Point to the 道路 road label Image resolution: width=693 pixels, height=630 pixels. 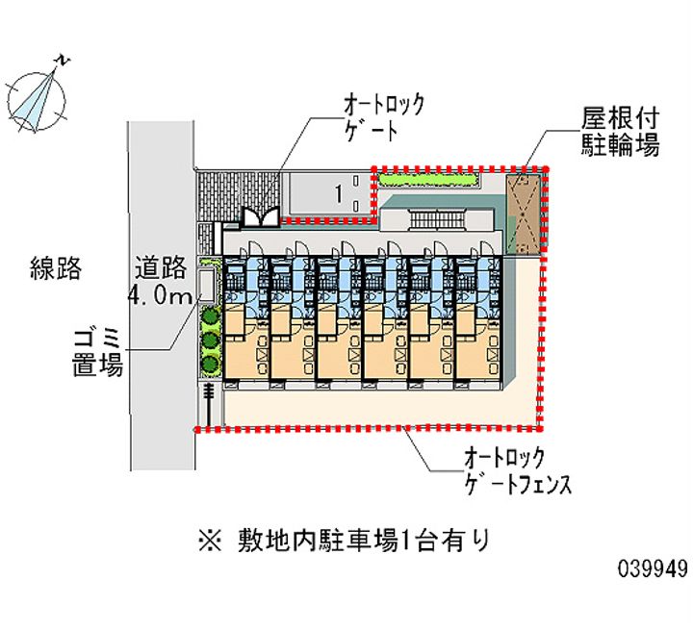(x=159, y=268)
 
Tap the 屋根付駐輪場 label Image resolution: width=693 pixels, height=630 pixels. (x=619, y=132)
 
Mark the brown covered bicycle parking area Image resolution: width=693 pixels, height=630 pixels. (x=524, y=212)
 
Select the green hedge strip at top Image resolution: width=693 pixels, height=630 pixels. (x=426, y=179)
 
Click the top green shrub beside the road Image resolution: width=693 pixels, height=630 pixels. (x=208, y=315)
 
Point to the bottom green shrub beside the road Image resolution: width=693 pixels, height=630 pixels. (x=208, y=363)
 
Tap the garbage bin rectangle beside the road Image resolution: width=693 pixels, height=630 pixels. (x=207, y=284)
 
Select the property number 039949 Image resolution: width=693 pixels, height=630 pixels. (x=653, y=569)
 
